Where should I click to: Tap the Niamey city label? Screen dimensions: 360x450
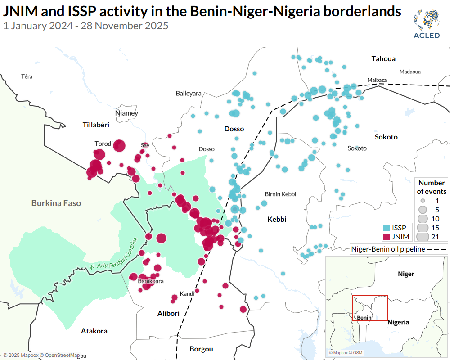tap(127, 113)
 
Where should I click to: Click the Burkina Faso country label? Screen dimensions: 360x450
tap(56, 203)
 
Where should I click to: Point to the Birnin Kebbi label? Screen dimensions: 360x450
tap(280, 194)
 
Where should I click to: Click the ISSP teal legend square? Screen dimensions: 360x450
tap(386, 228)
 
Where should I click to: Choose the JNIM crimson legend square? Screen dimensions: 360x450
tap(386, 237)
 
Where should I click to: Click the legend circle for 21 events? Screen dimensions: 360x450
tap(423, 236)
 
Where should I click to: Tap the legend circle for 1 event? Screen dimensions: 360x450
tap(423, 201)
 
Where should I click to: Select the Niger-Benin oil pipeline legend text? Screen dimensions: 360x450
tap(388, 249)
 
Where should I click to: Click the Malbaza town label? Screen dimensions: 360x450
tap(377, 80)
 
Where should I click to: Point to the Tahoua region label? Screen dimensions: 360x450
tap(383, 59)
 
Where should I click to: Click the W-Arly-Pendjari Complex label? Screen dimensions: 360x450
tap(113, 255)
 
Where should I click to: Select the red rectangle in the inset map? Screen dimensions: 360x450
tap(369, 308)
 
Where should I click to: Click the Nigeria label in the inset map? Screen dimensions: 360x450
tap(398, 322)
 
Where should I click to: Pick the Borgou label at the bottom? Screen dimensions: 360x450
tap(201, 349)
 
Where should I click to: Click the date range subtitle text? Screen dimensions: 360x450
tap(85, 26)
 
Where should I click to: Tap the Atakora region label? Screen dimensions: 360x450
tap(94, 331)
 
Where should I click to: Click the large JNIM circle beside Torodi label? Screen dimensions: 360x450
tap(119, 145)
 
